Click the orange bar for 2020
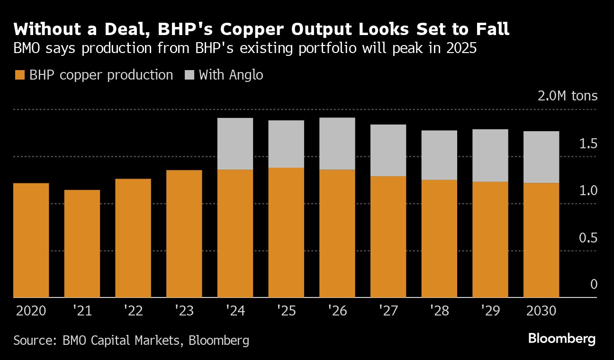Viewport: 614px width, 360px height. (31, 240)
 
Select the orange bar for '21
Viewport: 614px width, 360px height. (82, 243)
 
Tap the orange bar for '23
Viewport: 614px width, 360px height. (184, 234)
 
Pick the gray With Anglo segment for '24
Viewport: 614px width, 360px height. (235, 144)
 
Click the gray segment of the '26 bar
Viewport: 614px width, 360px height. (337, 144)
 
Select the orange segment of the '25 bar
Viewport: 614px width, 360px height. (286, 233)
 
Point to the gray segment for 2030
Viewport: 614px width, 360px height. (542, 157)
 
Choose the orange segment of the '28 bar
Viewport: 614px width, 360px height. (439, 239)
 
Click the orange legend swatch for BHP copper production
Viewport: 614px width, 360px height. (19, 75)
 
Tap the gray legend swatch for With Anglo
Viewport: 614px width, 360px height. (189, 75)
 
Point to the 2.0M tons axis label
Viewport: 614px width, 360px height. (568, 96)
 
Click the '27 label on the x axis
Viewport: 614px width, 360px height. (388, 311)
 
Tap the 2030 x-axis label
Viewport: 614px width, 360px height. (542, 311)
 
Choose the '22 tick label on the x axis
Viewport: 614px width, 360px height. (133, 311)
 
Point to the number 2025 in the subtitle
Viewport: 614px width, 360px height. (459, 49)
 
